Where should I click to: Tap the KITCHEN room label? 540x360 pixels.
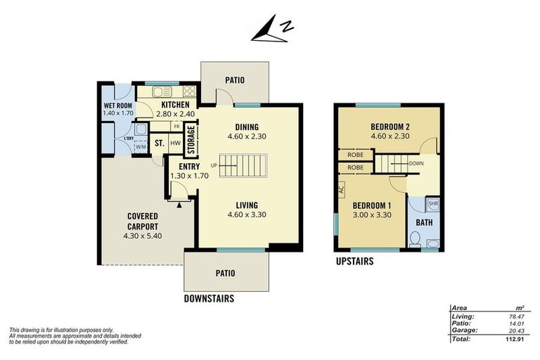[x=175, y=104]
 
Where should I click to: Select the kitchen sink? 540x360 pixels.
[x=162, y=91]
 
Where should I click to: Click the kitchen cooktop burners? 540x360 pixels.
[x=189, y=91]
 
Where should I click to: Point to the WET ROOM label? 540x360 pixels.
[x=118, y=105]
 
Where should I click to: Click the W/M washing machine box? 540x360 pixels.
[x=141, y=147]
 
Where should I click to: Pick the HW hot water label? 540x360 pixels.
[x=175, y=143]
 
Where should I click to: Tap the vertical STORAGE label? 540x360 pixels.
[x=191, y=139]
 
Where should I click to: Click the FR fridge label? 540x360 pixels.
[x=176, y=127]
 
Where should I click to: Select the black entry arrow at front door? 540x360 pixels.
[x=179, y=205]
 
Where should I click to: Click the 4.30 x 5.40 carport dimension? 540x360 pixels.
[x=143, y=236]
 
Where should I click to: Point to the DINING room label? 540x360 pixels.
[x=247, y=127]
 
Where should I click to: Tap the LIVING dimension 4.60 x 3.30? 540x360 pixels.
[x=247, y=214]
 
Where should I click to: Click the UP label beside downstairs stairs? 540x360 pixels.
[x=214, y=165]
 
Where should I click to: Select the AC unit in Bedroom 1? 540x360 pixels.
[x=342, y=190]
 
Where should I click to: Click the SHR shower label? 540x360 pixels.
[x=433, y=204]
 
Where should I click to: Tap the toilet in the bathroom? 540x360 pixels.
[x=416, y=239]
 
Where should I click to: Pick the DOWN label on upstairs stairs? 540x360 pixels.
[x=416, y=164]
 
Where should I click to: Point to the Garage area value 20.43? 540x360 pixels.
[x=516, y=330]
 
